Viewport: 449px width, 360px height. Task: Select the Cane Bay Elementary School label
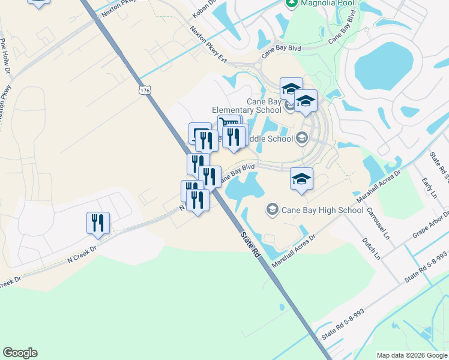tap(246, 106)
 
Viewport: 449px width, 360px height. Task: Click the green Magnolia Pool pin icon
tap(291, 4)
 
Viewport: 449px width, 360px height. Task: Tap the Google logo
tap(20, 353)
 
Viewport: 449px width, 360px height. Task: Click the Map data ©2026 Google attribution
tap(411, 355)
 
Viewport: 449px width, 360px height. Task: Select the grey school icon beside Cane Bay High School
tap(272, 209)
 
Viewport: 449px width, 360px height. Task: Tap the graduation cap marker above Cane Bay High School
tap(301, 179)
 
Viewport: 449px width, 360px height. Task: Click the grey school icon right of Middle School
tap(301, 139)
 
